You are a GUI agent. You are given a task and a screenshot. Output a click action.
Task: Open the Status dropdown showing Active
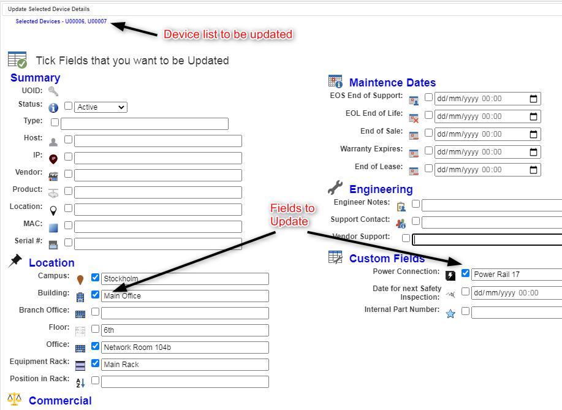pyautogui.click(x=101, y=107)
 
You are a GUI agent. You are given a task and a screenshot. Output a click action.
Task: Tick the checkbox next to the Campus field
pyautogui.click(x=95, y=277)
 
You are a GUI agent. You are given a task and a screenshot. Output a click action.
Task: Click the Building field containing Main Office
pyautogui.click(x=185, y=296)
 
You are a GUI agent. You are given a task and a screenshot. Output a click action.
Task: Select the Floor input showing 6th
pyautogui.click(x=185, y=330)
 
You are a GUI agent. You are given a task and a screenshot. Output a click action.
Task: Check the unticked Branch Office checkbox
pyautogui.click(x=95, y=311)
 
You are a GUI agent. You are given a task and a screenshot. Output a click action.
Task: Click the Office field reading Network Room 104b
pyautogui.click(x=185, y=347)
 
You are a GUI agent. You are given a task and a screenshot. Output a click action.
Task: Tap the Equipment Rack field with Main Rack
pyautogui.click(x=185, y=365)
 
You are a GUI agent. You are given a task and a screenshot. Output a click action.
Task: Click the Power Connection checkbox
pyautogui.click(x=465, y=273)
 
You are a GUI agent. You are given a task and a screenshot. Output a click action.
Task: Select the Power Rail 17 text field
pyautogui.click(x=517, y=275)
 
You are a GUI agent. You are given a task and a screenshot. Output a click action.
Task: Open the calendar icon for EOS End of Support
pyautogui.click(x=533, y=99)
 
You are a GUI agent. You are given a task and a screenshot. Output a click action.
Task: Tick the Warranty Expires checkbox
pyautogui.click(x=428, y=150)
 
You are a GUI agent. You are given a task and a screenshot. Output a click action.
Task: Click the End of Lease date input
pyautogui.click(x=487, y=170)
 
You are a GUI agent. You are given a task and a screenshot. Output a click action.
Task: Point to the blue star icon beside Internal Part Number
pyautogui.click(x=450, y=314)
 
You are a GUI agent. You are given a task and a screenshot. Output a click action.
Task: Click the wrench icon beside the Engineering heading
pyautogui.click(x=335, y=188)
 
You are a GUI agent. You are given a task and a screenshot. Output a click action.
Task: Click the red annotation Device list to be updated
pyautogui.click(x=228, y=34)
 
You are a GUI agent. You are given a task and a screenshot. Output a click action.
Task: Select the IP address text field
pyautogui.click(x=158, y=158)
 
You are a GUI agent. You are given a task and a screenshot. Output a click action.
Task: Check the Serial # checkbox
pyautogui.click(x=68, y=243)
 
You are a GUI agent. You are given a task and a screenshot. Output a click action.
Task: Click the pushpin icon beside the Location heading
pyautogui.click(x=15, y=260)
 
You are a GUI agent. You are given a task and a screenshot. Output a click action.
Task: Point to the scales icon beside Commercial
pyautogui.click(x=14, y=399)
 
